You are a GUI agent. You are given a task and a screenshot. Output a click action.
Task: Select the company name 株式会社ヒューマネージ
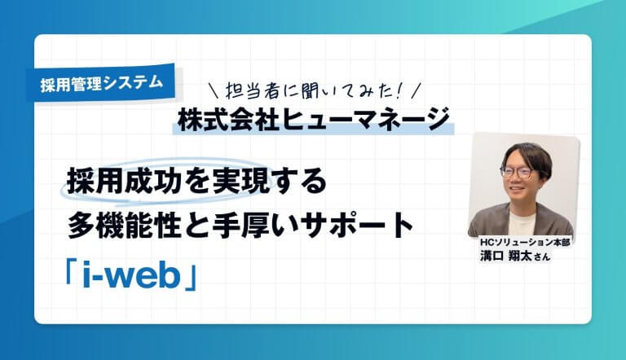tap(314, 119)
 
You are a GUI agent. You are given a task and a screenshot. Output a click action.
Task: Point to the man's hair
tap(525, 153)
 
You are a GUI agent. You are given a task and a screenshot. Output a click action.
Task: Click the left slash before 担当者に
tap(214, 88)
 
